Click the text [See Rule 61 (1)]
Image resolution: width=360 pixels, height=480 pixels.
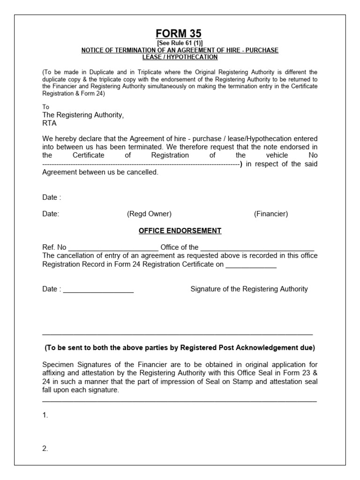(x=180, y=43)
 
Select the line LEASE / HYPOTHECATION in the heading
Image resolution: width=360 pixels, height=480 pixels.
(x=180, y=57)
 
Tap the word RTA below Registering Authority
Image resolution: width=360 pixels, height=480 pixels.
(x=49, y=124)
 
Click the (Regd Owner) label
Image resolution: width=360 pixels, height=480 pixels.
(x=149, y=214)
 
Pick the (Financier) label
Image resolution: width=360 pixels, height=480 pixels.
(x=271, y=214)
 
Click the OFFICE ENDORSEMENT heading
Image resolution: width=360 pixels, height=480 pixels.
(x=180, y=231)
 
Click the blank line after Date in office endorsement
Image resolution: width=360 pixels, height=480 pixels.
(x=98, y=290)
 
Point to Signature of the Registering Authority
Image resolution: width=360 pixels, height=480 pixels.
(x=249, y=289)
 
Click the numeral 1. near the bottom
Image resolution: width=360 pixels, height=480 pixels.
(x=45, y=415)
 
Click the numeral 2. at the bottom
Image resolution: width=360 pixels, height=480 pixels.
(x=45, y=448)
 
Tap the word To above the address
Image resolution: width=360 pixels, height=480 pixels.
(x=45, y=107)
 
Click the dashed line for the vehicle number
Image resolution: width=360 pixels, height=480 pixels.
(x=141, y=164)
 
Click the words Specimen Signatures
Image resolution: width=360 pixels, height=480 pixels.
(x=73, y=365)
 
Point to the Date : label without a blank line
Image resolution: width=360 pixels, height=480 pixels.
(x=52, y=197)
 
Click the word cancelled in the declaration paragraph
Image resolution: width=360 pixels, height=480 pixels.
(x=141, y=172)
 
